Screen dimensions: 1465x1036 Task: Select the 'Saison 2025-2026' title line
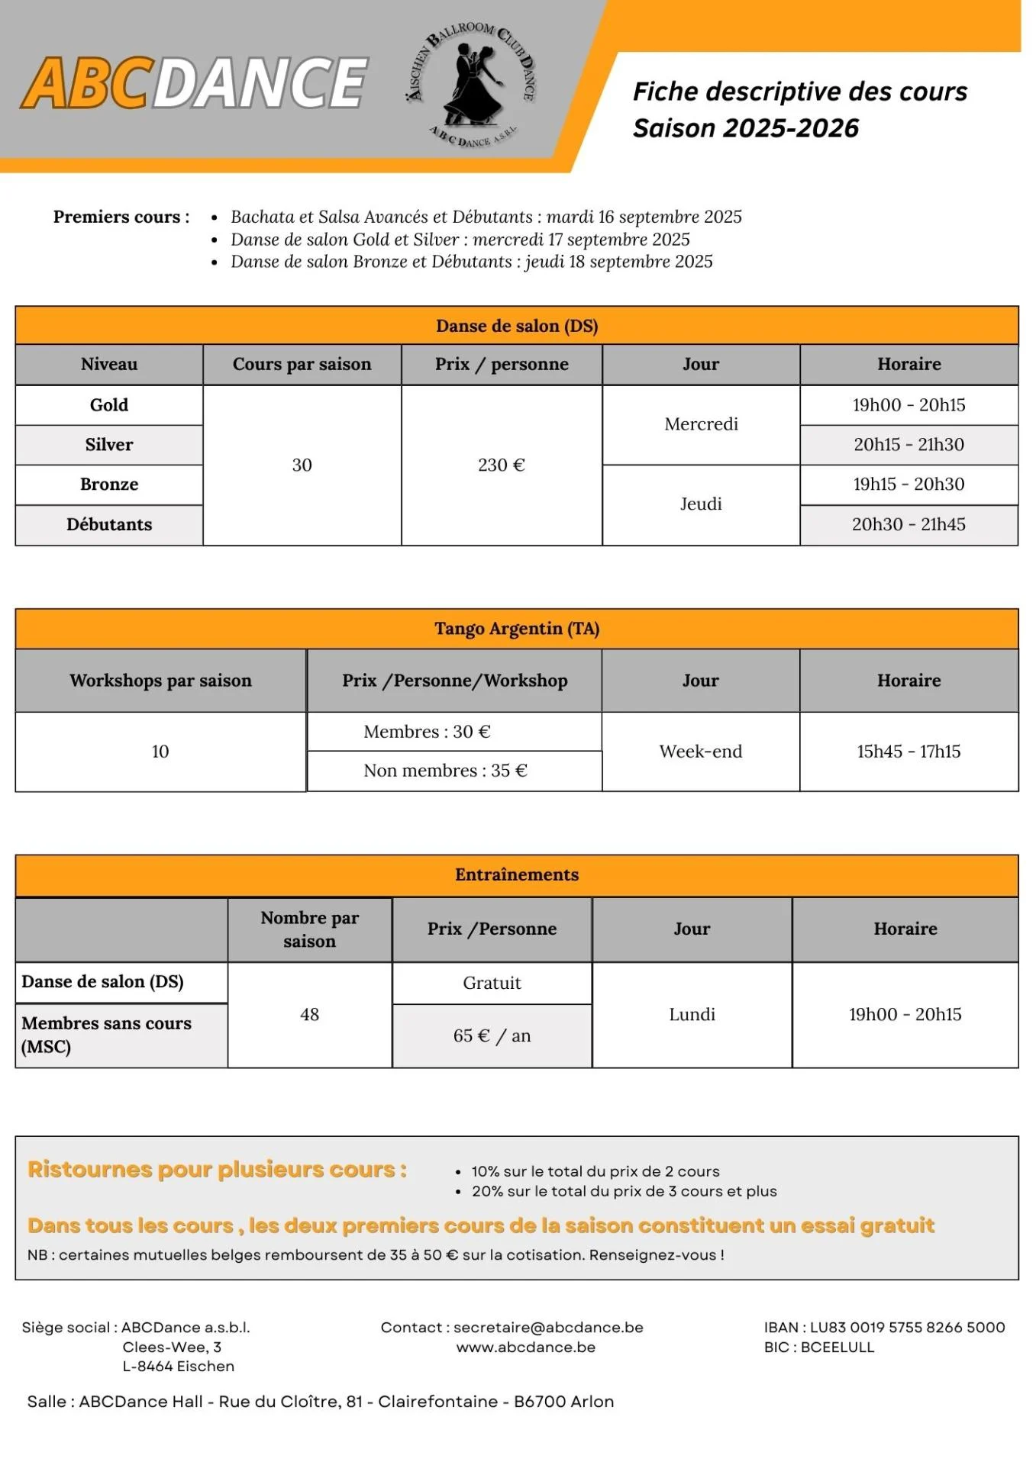(x=745, y=128)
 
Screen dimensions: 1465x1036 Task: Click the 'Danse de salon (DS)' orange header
(x=517, y=326)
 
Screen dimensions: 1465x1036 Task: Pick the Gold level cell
(x=109, y=405)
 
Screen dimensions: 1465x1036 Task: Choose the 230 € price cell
(x=502, y=465)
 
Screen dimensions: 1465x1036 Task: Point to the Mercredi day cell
(x=701, y=424)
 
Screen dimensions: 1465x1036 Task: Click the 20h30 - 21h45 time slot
(x=909, y=524)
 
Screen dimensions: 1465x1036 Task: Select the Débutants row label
(x=109, y=524)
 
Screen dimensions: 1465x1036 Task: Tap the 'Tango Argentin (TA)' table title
(x=517, y=629)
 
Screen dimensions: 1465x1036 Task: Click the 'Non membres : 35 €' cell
(x=446, y=771)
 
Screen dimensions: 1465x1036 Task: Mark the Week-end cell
(x=701, y=752)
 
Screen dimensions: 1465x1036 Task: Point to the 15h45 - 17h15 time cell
(x=909, y=752)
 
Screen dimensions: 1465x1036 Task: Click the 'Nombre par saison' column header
(x=309, y=929)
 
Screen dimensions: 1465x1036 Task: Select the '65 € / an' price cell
(x=492, y=1035)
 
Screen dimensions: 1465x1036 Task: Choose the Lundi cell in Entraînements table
(x=692, y=1015)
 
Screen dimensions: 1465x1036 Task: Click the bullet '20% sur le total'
(x=624, y=1191)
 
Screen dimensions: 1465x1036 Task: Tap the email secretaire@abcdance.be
(x=548, y=1328)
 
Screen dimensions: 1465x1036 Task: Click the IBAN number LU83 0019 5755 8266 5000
(x=907, y=1328)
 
